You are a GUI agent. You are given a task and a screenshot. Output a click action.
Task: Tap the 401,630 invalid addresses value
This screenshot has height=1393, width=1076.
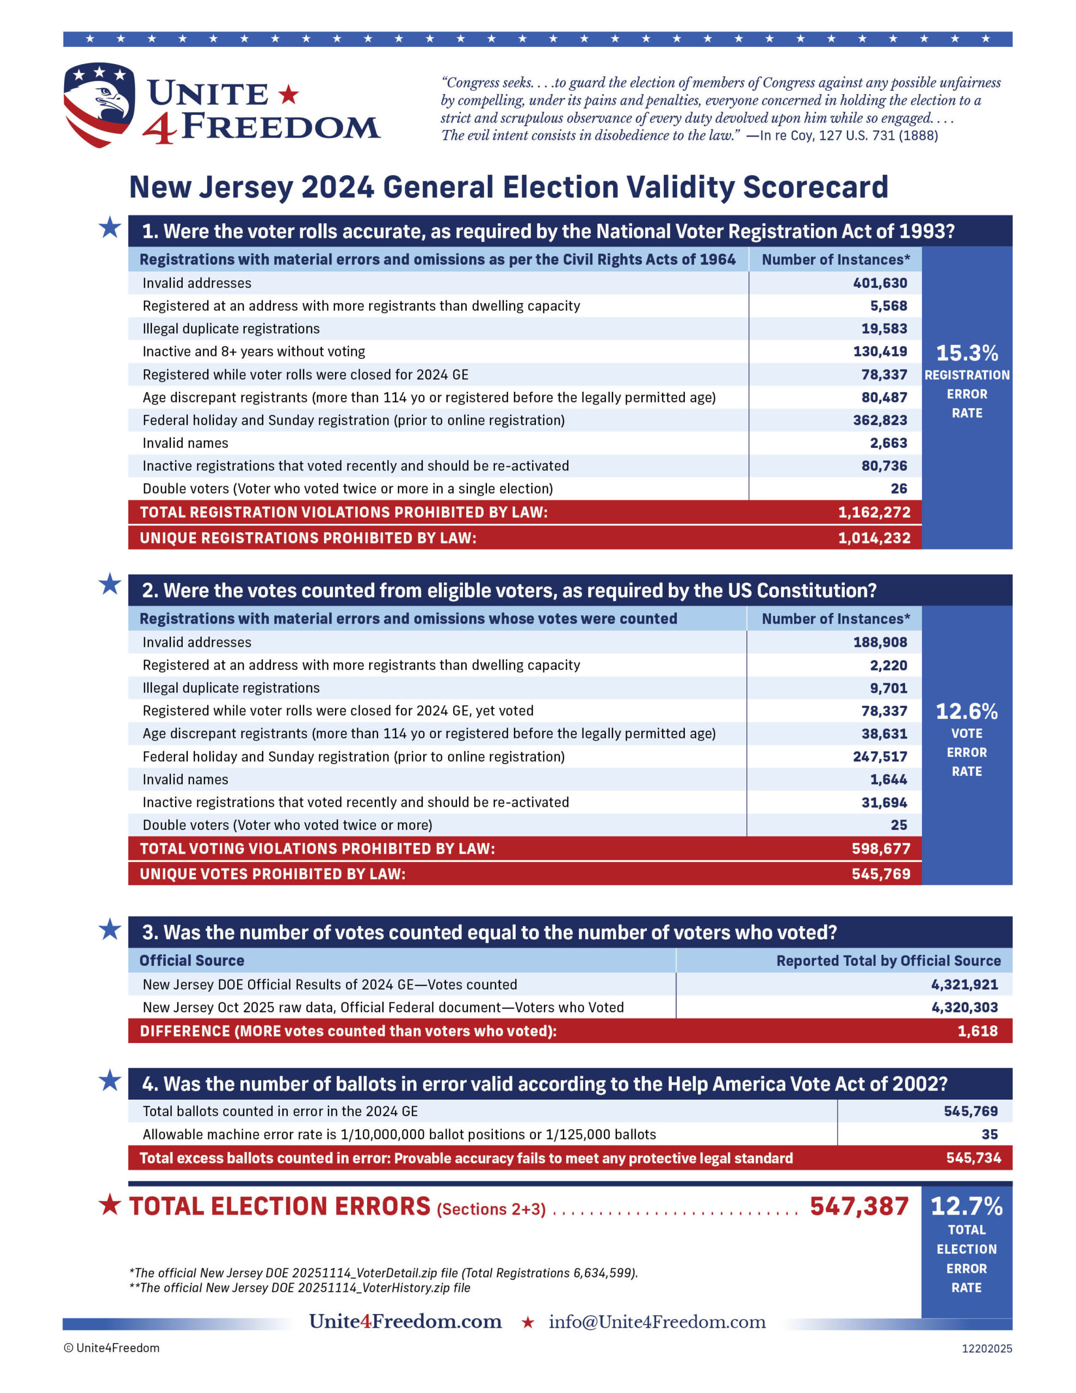[880, 282]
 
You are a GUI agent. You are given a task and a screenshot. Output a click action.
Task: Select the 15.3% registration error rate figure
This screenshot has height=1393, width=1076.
[966, 353]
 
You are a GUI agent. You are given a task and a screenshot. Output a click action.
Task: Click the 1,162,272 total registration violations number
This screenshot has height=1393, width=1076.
[874, 512]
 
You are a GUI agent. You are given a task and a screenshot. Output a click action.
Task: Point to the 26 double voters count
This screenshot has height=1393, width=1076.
[899, 489]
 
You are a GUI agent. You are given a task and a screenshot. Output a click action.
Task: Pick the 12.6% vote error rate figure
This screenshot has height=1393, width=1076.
[966, 711]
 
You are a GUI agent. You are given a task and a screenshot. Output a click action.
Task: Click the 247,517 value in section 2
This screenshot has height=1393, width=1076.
[880, 756]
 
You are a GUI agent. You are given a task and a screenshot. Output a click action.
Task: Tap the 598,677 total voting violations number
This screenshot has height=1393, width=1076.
[881, 848]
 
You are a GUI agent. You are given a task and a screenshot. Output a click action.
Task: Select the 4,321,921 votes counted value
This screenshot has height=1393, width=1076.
[964, 984]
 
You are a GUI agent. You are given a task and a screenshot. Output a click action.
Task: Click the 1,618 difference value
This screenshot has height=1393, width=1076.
[977, 1031]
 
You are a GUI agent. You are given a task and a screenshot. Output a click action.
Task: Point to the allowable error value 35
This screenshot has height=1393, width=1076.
[990, 1134]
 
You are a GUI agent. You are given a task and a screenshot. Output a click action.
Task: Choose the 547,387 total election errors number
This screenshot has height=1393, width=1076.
[858, 1206]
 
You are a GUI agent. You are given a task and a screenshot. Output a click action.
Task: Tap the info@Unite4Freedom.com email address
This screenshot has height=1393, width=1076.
[657, 1322]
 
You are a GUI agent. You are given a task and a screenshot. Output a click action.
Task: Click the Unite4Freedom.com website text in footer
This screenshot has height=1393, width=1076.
[405, 1322]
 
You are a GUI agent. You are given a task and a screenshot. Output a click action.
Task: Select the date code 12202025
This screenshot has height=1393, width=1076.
[987, 1348]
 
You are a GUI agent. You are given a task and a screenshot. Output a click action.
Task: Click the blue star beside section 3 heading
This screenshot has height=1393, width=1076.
[110, 929]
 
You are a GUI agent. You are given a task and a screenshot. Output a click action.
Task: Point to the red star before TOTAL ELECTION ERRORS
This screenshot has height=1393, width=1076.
[110, 1205]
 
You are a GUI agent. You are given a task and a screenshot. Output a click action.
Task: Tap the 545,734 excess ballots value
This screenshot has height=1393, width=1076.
[973, 1157]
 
